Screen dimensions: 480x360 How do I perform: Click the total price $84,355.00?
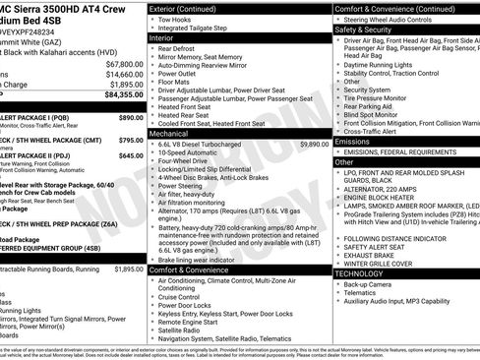coord(117,94)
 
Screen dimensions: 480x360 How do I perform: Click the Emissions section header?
coord(353,141)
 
